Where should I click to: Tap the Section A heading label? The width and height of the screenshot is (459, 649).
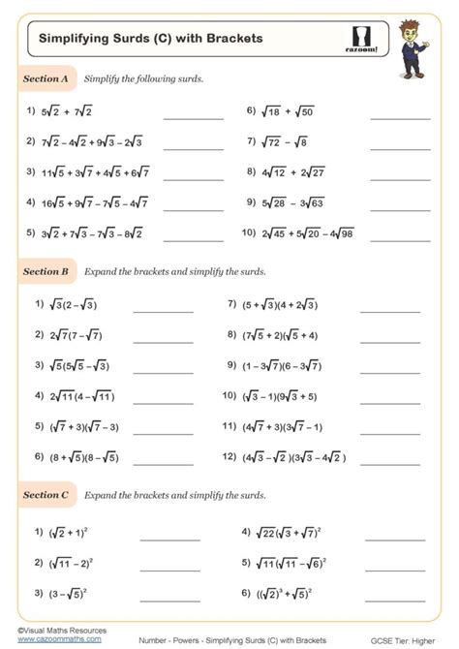[x=46, y=78]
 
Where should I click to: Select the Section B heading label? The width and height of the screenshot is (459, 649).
[x=46, y=272]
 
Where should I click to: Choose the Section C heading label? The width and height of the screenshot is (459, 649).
[x=46, y=495]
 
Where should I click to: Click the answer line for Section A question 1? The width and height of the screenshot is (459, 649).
[x=193, y=116]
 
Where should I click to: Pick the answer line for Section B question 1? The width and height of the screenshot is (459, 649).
[x=163, y=311]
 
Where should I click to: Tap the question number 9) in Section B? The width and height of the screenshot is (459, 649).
[x=231, y=365]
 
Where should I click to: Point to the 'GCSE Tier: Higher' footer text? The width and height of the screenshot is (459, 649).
[x=405, y=640]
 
